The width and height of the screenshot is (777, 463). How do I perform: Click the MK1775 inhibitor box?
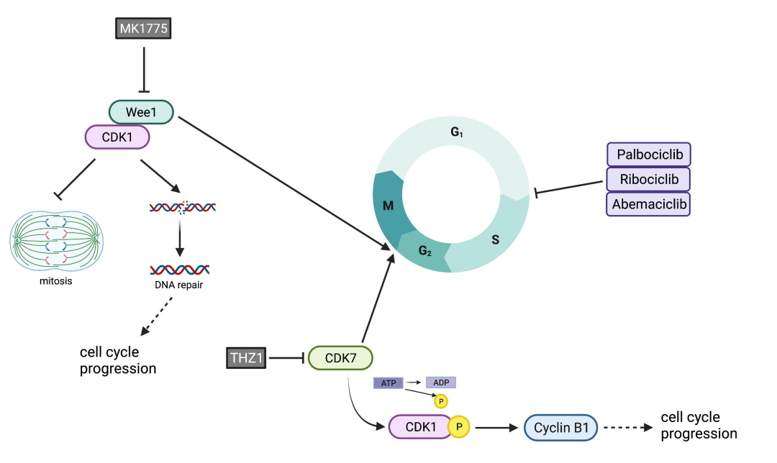coord(145,29)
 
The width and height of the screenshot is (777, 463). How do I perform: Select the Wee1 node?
coord(142,112)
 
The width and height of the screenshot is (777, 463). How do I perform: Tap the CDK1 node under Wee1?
coord(117,137)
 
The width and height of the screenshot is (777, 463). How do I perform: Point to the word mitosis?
coord(56,281)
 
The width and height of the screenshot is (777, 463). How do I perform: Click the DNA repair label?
coord(178,287)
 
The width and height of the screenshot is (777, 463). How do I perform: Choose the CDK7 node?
coord(340,357)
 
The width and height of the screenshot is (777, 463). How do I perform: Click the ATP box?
coord(388,383)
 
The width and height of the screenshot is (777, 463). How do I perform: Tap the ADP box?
coord(441,383)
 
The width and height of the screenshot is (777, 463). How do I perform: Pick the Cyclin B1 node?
coord(561,428)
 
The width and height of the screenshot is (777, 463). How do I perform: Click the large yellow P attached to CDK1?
coord(459,427)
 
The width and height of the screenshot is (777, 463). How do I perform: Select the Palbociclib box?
coord(649,155)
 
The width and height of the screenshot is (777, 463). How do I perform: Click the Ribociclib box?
coord(649,178)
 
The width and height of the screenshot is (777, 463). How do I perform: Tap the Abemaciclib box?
coord(649,203)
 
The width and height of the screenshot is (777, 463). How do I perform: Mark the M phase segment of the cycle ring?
coord(388,207)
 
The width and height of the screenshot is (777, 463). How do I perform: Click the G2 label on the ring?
coord(425,251)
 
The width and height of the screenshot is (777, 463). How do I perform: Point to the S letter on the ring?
coord(495,239)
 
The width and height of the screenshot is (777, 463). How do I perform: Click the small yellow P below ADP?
coord(439,400)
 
